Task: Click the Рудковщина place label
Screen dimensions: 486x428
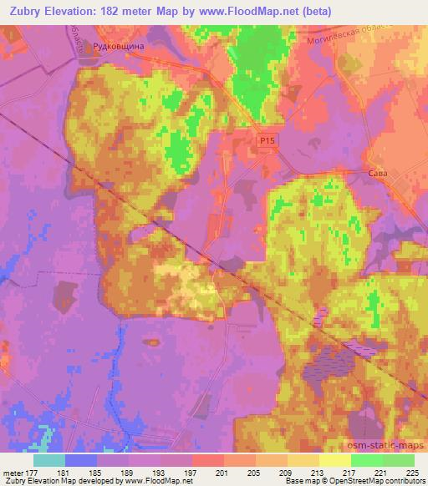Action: click(118, 48)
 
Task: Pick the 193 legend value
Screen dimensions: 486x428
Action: click(160, 472)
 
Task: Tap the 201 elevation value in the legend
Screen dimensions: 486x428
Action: click(224, 472)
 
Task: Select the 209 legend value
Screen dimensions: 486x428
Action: click(288, 472)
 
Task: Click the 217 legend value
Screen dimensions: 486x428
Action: click(351, 472)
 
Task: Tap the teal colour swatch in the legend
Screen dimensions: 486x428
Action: click(48, 460)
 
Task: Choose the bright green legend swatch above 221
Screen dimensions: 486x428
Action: click(366, 460)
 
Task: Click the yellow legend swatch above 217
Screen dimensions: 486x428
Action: click(334, 460)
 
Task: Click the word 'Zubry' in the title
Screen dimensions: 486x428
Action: click(24, 11)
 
